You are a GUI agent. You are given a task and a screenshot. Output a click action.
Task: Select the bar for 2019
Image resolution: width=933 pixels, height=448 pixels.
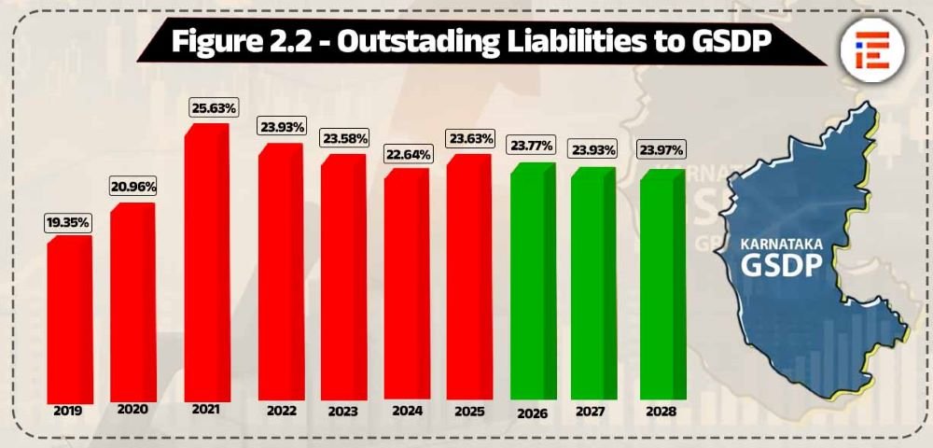pos(67,322)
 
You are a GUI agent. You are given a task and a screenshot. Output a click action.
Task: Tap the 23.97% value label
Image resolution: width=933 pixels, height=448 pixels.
pos(661,149)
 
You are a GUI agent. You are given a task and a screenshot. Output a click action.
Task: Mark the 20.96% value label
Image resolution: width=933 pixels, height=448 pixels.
pos(132,187)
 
